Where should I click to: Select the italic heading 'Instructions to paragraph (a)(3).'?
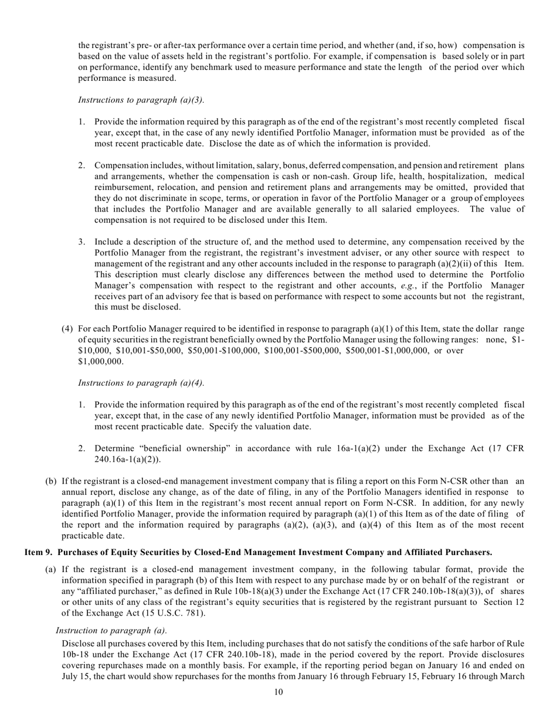141,100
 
